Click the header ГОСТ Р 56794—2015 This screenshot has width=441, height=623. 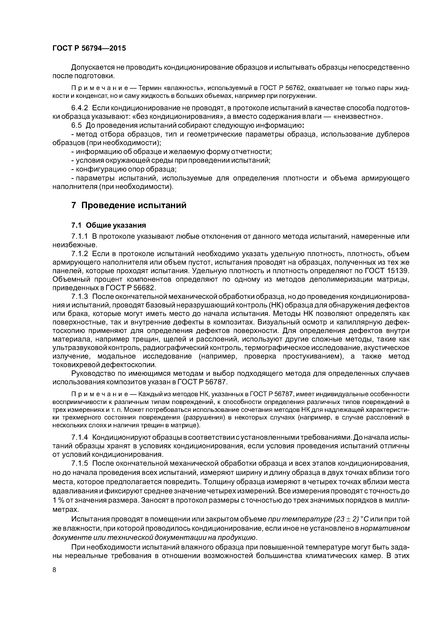pos(89,48)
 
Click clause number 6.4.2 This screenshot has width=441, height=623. pos(80,108)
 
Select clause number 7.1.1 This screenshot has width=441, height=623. pos(80,237)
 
